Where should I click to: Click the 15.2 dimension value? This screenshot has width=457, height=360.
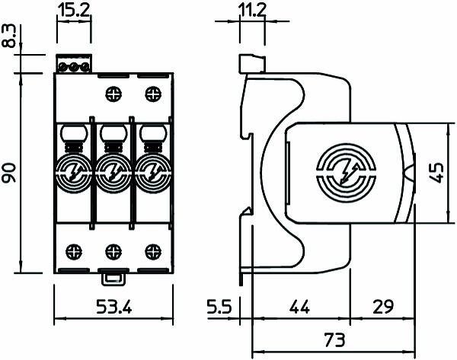point(75,11)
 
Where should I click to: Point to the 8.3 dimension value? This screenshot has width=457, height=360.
point(9,37)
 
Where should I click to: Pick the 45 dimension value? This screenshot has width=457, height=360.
point(436,173)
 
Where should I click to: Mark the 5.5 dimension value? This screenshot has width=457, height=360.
point(219,308)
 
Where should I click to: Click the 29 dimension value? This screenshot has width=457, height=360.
point(383,308)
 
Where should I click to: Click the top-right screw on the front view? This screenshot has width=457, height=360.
point(152,95)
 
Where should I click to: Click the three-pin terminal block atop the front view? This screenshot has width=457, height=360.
point(75,66)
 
